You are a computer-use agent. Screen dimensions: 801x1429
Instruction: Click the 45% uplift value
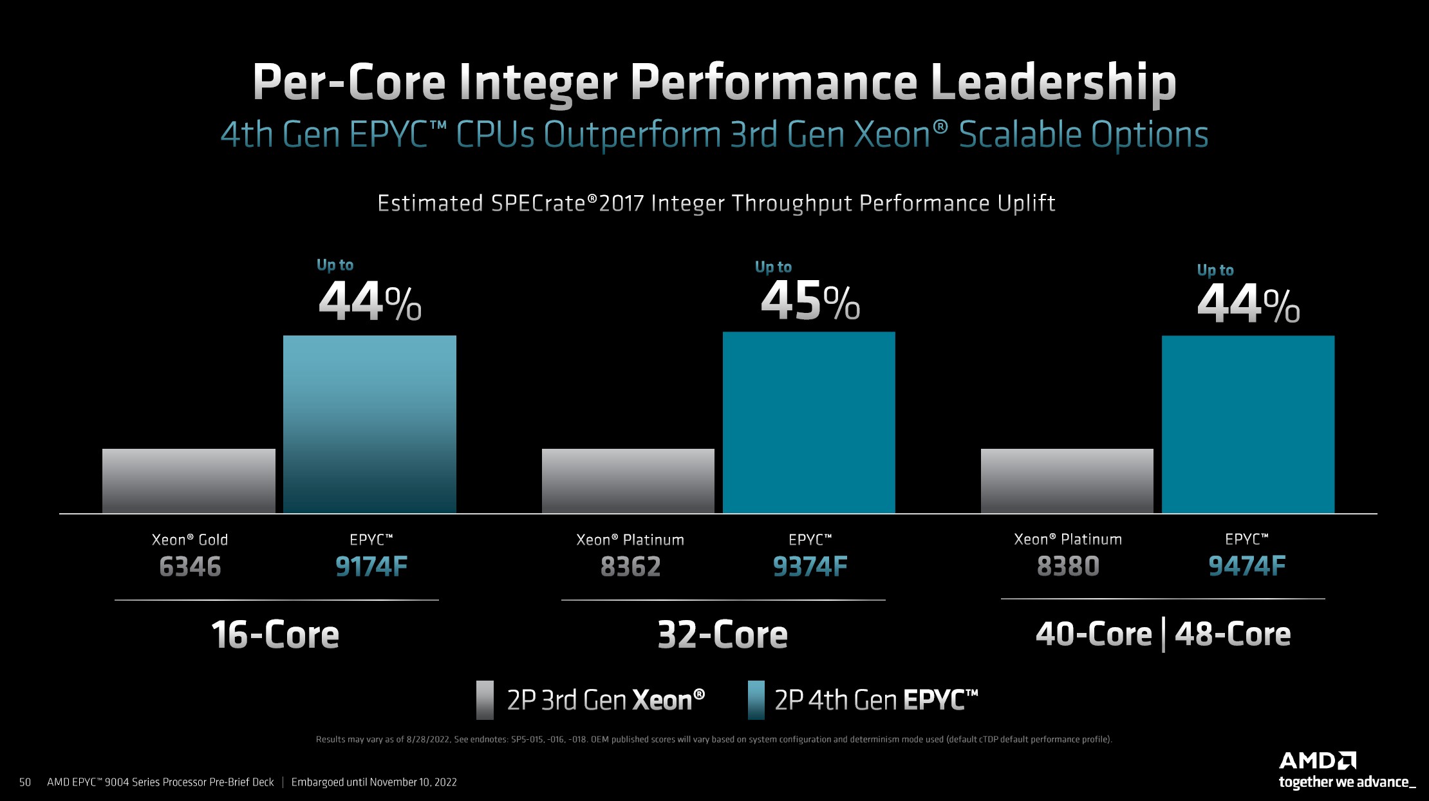click(x=810, y=301)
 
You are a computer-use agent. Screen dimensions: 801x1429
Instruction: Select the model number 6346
click(x=190, y=567)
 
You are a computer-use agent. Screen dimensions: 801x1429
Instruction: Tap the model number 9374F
click(x=810, y=567)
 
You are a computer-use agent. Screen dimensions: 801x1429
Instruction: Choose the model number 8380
click(x=1068, y=567)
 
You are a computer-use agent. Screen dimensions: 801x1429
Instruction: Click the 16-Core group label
click(x=275, y=635)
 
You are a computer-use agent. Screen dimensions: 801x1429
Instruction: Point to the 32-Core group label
click(x=722, y=635)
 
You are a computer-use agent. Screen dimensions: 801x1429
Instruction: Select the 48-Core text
click(x=1232, y=634)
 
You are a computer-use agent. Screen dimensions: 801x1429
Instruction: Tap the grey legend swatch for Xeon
click(x=485, y=700)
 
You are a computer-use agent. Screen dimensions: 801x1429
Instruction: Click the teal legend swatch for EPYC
click(x=756, y=700)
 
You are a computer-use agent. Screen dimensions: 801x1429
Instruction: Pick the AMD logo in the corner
click(x=1317, y=761)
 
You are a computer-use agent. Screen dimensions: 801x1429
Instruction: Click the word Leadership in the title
click(x=1053, y=82)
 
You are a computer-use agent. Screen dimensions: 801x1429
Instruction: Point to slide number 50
click(x=25, y=782)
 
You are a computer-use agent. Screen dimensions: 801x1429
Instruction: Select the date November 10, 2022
click(x=413, y=782)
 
